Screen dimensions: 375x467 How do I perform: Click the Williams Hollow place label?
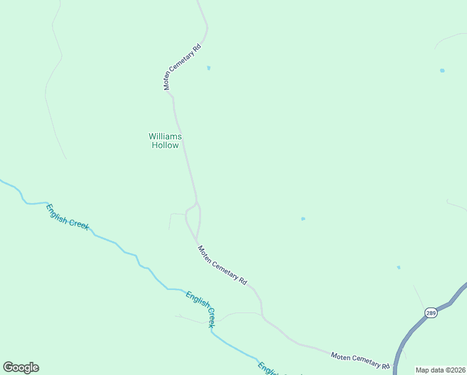[165, 141]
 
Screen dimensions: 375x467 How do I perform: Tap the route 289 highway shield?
[431, 312]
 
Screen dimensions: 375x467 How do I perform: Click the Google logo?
[21, 367]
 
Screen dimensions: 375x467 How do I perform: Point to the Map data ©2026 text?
[440, 370]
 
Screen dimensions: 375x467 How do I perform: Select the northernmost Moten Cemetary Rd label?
[184, 67]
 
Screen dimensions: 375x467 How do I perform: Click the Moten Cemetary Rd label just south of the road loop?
[222, 265]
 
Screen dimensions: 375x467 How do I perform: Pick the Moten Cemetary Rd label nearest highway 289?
[360, 361]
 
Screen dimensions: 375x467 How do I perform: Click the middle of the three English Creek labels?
[200, 309]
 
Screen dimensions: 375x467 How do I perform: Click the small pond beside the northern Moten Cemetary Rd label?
[209, 68]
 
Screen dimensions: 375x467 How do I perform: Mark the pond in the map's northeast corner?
[442, 71]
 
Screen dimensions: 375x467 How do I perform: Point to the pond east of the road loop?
[303, 219]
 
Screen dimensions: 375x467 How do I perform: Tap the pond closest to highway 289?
[398, 267]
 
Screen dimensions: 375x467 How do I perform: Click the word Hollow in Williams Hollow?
[165, 146]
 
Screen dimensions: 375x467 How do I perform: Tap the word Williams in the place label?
[165, 136]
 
